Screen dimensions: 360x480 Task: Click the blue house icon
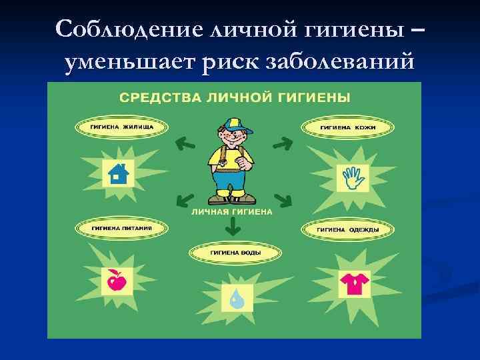pos(117,173)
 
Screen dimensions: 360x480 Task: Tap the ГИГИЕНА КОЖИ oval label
pos(349,127)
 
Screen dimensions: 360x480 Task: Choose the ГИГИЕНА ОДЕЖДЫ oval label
pos(347,230)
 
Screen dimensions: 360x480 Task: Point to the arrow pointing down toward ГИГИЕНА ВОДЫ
pos(232,228)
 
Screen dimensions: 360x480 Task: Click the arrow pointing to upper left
pos(183,141)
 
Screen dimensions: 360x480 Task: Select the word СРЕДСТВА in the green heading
pos(154,97)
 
